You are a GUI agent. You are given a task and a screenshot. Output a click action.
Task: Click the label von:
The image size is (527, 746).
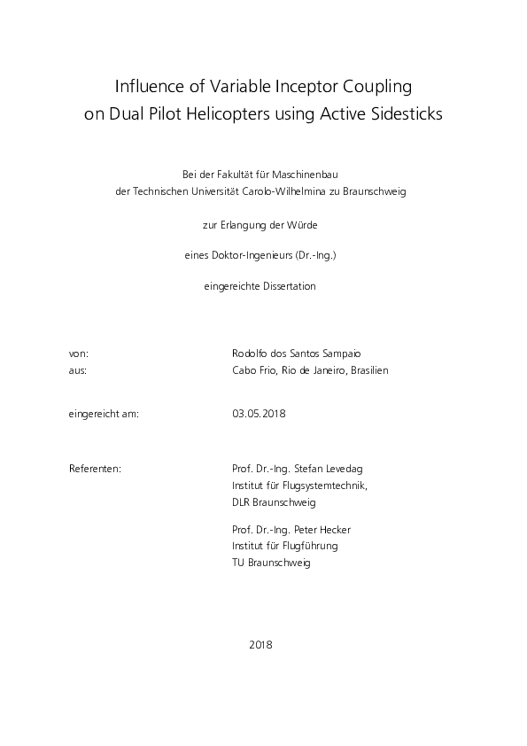point(78,353)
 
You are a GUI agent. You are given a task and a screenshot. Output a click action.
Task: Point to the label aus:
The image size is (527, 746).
point(77,370)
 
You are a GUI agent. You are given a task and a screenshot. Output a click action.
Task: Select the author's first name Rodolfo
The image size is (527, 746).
point(250,353)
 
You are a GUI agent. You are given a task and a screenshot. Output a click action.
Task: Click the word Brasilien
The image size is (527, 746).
point(368,370)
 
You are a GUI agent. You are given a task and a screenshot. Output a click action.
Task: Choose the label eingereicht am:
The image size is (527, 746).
point(104,414)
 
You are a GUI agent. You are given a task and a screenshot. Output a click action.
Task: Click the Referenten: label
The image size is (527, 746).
point(95,467)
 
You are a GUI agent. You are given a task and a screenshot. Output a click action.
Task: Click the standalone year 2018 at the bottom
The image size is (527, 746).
point(262,644)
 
